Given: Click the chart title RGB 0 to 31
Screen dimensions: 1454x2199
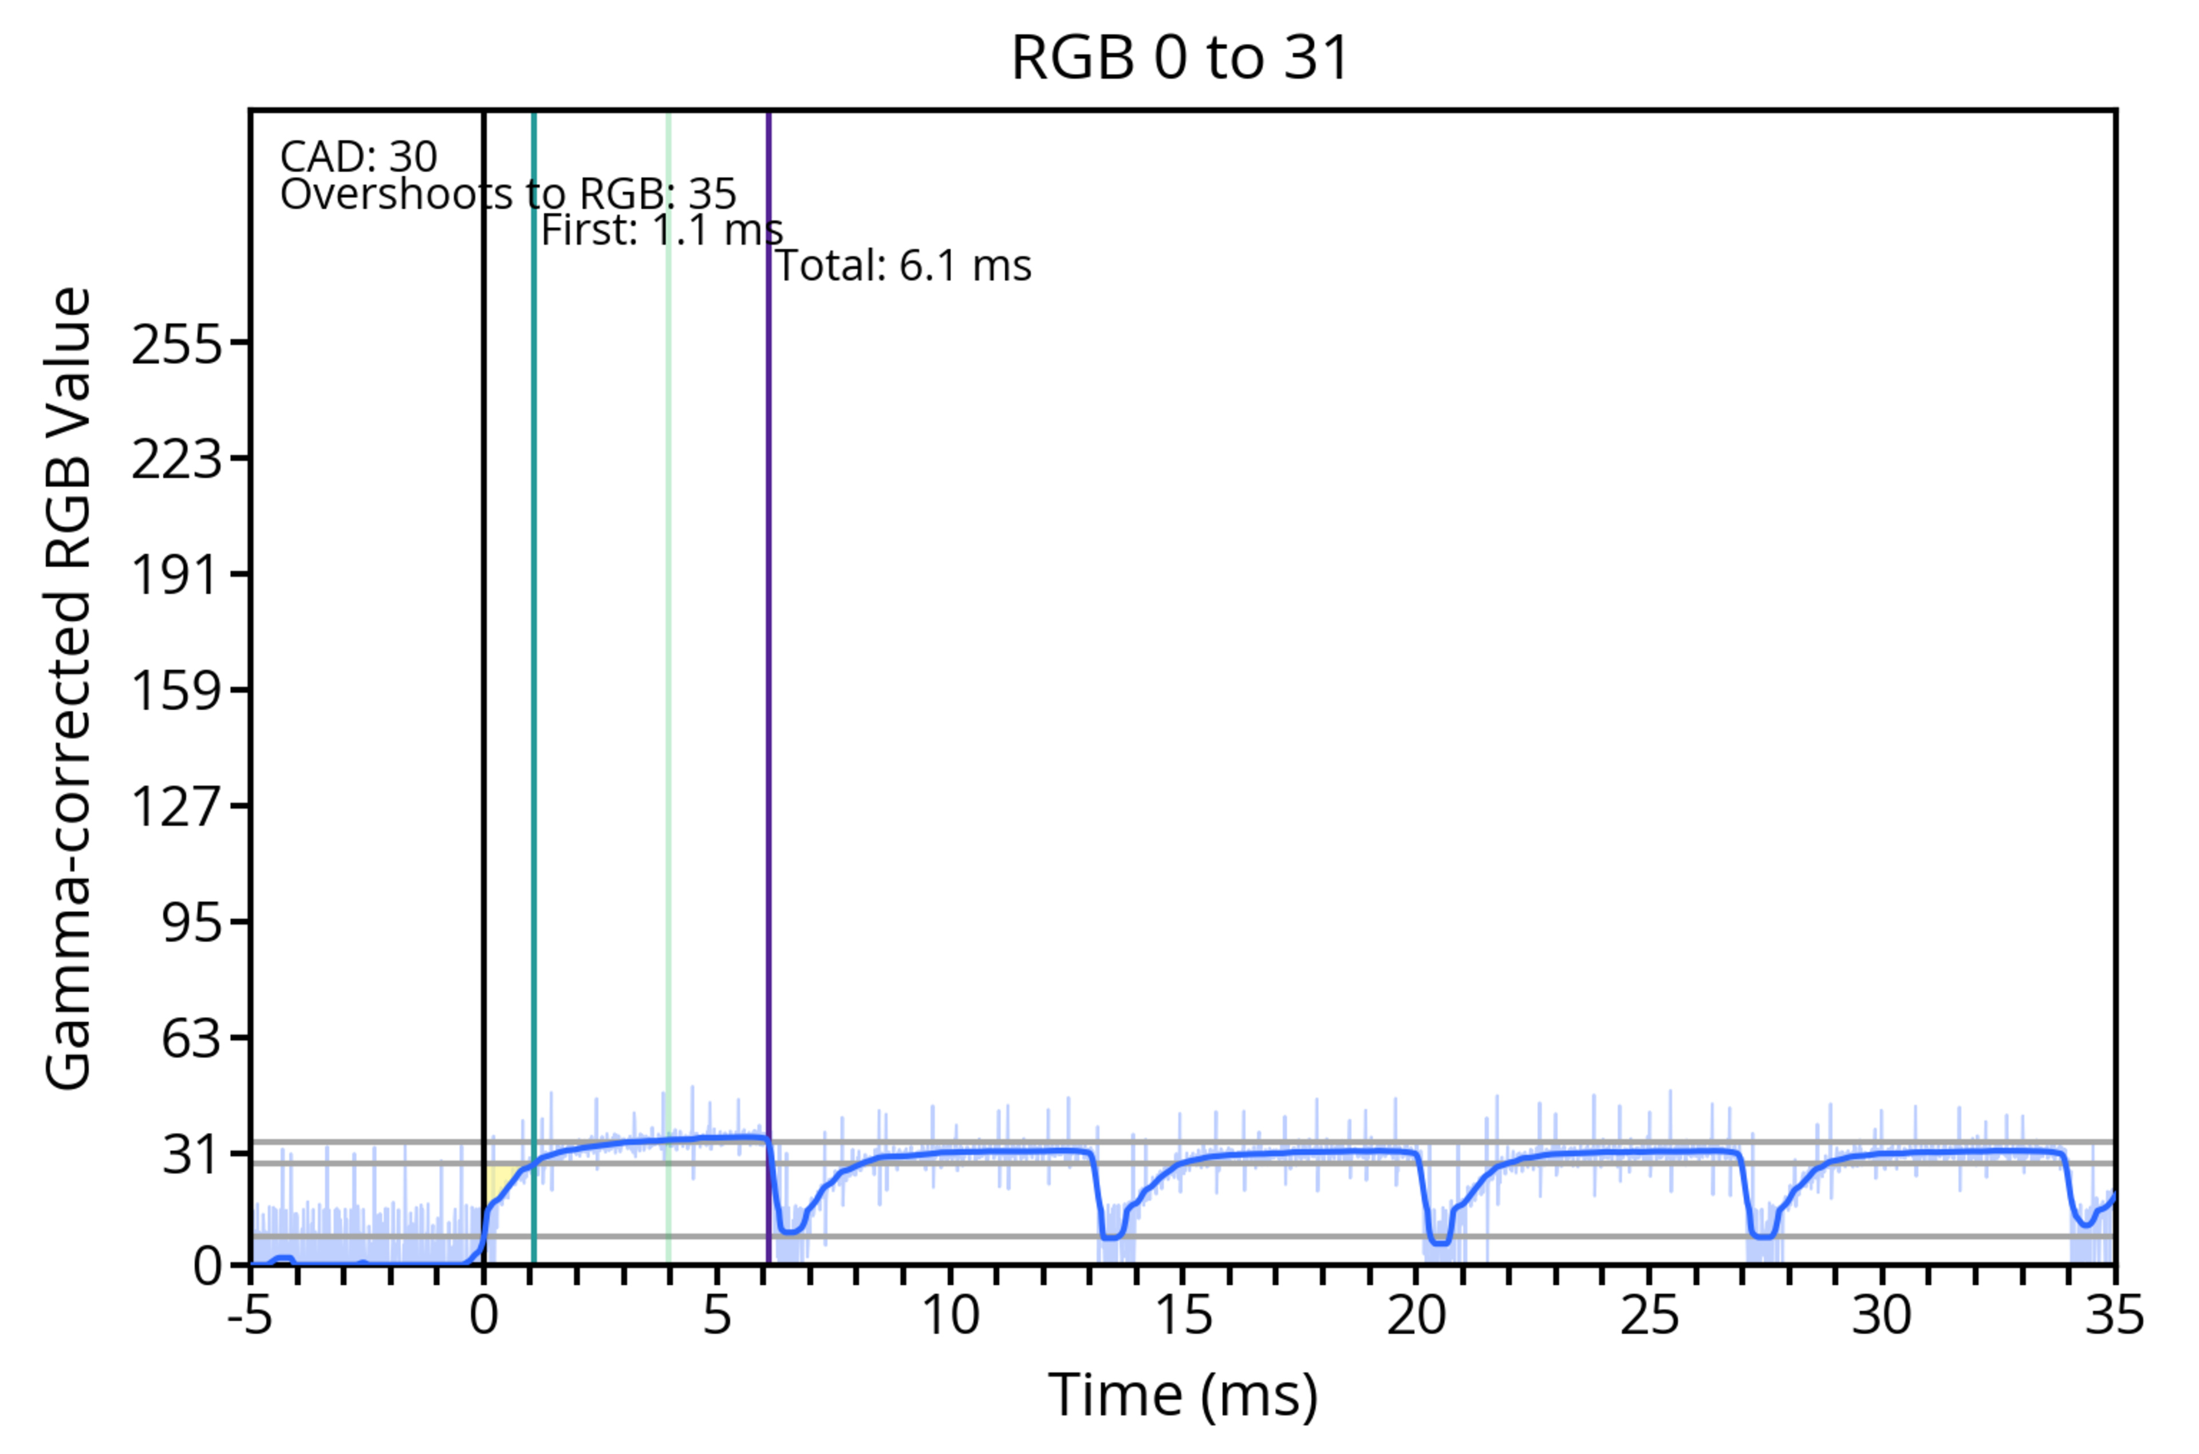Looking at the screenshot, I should (1180, 57).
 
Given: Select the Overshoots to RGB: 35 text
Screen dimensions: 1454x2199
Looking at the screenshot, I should (509, 195).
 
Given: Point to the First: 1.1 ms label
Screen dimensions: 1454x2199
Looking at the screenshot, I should (661, 230).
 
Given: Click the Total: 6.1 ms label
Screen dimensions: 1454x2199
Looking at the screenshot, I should (903, 266).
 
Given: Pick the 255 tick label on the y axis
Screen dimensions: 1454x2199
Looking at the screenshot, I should (177, 346).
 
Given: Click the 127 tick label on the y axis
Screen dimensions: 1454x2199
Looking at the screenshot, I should (177, 806).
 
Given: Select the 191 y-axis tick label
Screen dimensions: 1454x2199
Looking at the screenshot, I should (177, 575).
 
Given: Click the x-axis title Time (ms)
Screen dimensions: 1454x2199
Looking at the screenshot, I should (1183, 1394).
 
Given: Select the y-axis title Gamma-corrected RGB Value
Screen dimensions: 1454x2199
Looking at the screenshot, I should (69, 688).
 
